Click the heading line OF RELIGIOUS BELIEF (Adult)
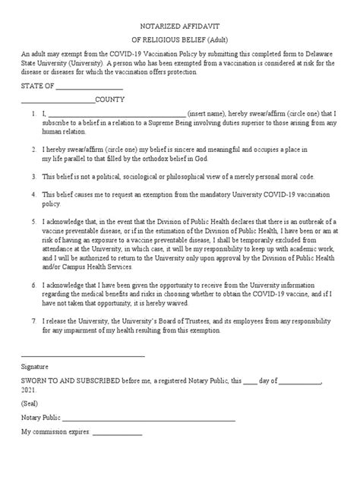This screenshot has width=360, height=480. pyautogui.click(x=179, y=41)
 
